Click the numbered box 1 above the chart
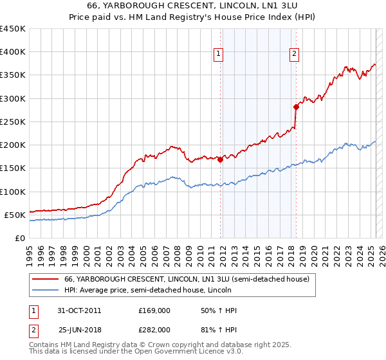point(219,55)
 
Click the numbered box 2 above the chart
point(294,55)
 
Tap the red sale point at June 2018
point(296,107)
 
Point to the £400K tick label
point(13,52)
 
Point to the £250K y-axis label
point(13,122)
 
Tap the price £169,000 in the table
point(154,310)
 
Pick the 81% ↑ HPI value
point(210,329)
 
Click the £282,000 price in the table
point(154,329)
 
